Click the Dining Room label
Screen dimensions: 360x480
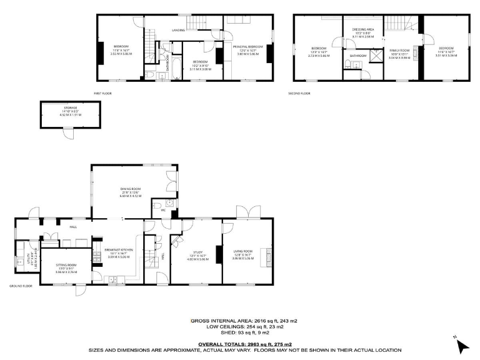click(x=131, y=191)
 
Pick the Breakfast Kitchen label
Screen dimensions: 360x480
click(x=119, y=252)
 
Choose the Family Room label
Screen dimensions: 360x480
click(x=399, y=51)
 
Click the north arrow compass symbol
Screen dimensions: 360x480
click(x=461, y=342)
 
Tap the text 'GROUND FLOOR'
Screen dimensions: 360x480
click(x=21, y=286)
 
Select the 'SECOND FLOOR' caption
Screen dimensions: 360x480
click(x=299, y=93)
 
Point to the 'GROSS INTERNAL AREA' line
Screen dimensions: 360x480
click(x=244, y=321)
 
